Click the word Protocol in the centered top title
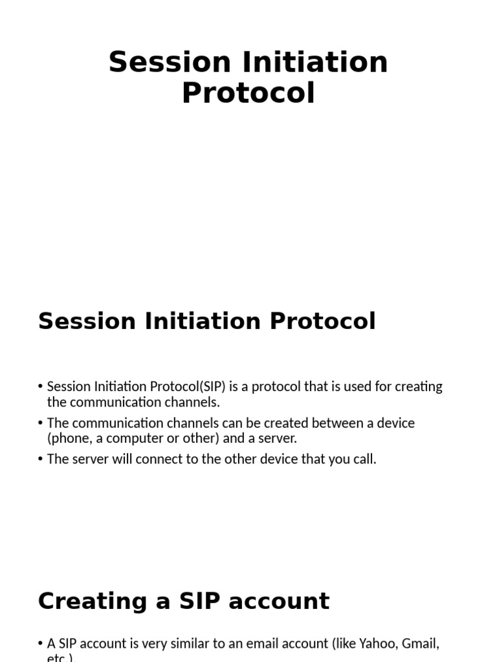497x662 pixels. (248, 92)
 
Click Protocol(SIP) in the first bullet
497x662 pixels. (187, 387)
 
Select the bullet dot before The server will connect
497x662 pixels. (41, 459)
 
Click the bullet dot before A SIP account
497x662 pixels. (41, 643)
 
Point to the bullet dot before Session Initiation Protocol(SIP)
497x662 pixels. (41, 387)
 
